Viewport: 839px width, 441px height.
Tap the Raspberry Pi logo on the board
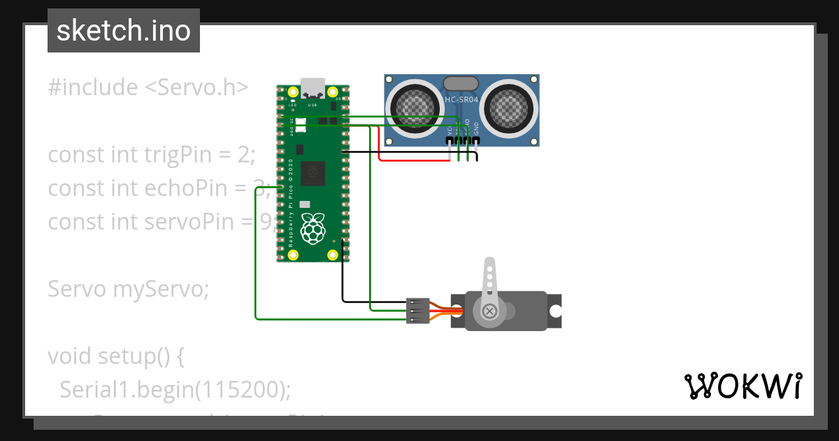[313, 229]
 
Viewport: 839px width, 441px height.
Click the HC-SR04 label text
[461, 100]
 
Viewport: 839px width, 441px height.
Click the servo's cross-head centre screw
[491, 310]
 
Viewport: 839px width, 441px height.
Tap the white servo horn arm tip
[491, 264]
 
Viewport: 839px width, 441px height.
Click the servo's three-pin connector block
[417, 311]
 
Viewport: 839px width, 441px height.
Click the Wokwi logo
[743, 386]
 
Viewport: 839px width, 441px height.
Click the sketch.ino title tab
[124, 31]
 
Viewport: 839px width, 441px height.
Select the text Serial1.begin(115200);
[175, 389]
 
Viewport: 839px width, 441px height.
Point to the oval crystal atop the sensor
[461, 83]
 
